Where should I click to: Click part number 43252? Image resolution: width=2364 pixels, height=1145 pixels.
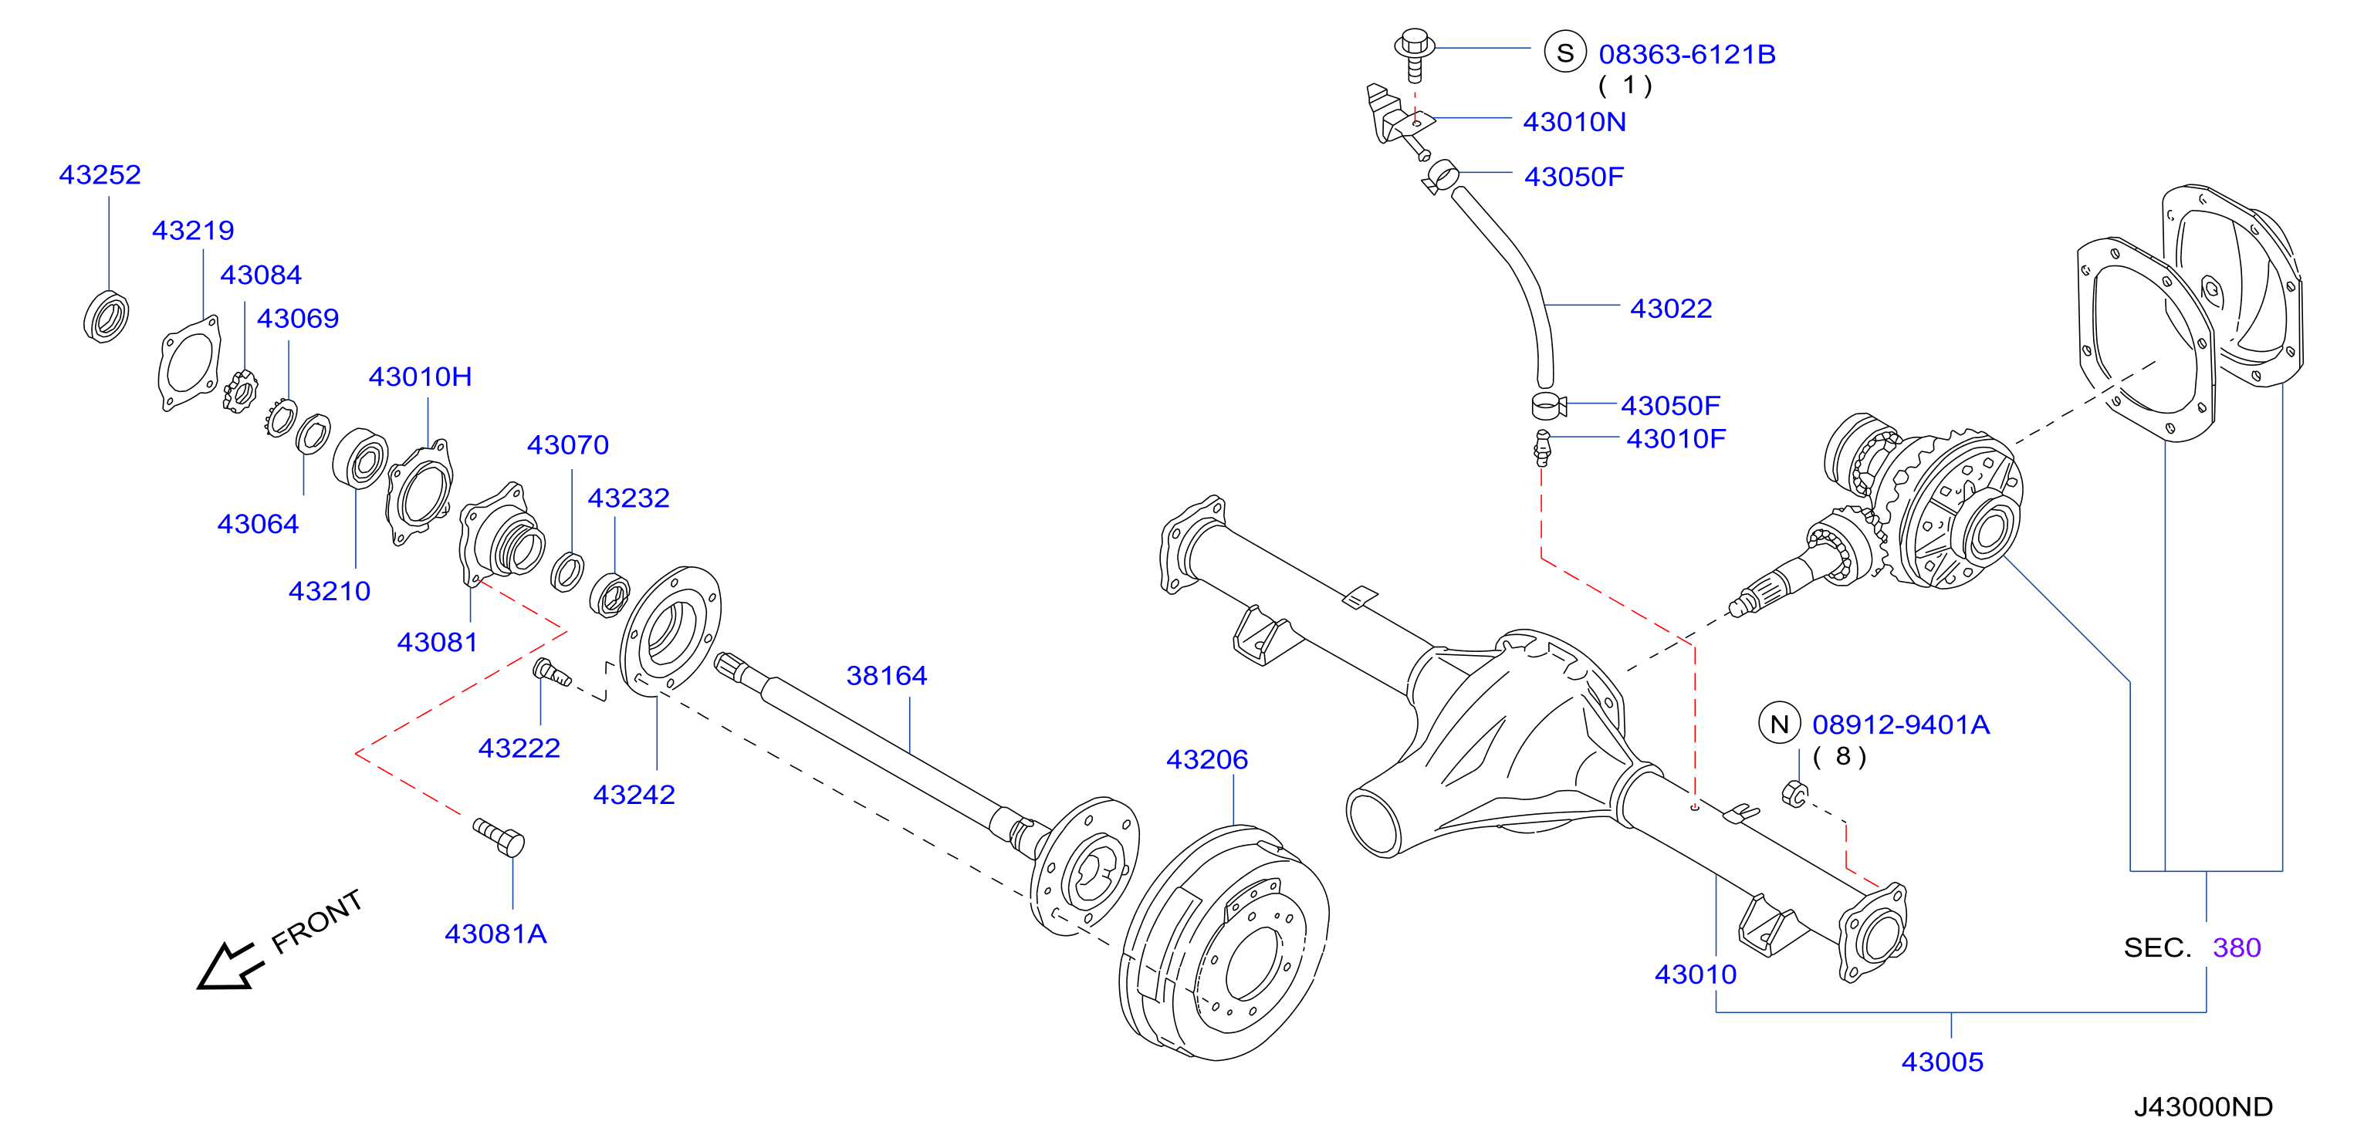(100, 174)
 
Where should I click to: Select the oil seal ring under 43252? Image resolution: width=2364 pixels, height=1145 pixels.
(107, 316)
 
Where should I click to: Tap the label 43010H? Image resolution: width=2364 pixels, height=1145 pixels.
(421, 377)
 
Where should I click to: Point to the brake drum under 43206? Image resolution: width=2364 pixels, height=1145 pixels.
(1224, 943)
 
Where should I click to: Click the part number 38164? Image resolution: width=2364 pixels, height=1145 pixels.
(887, 675)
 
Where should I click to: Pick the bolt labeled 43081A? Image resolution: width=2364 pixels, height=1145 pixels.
(499, 836)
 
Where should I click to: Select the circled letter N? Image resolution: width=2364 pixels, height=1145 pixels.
(1780, 724)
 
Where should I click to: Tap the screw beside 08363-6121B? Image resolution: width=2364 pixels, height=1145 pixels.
(1414, 54)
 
